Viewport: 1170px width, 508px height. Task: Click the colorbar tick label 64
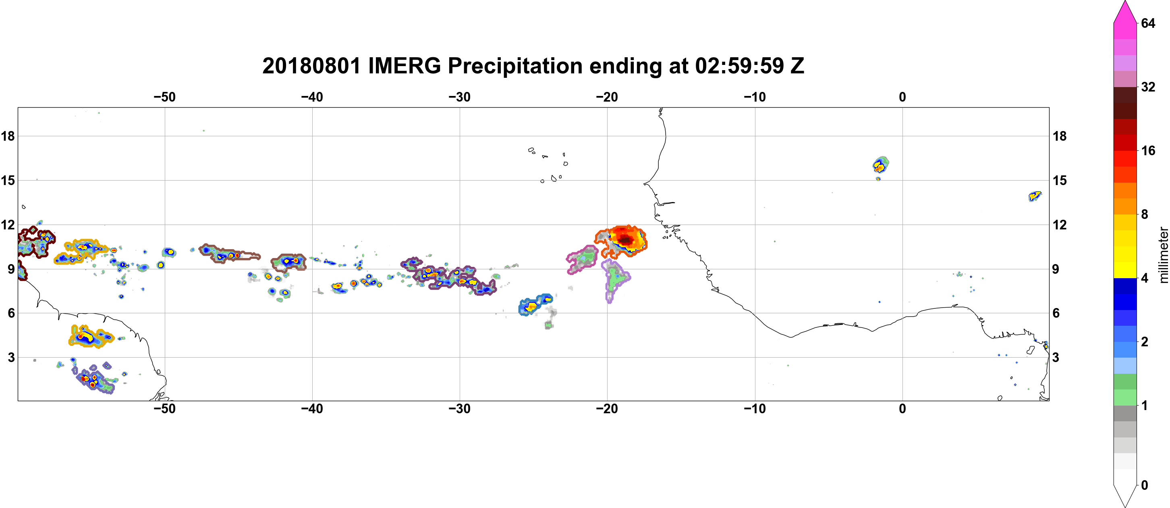1148,23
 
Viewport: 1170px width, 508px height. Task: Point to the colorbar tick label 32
1148,87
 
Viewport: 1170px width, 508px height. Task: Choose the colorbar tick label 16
1148,150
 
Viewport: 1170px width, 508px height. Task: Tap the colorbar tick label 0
1145,485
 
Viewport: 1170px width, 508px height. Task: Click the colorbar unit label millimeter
1163,255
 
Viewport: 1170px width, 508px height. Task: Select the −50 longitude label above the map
164,97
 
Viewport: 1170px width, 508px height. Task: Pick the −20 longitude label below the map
607,409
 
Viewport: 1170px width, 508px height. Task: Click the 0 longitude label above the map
902,97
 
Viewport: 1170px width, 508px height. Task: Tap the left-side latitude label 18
8,136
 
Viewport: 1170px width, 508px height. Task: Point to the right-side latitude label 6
1056,313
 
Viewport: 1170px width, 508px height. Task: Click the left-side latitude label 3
11,358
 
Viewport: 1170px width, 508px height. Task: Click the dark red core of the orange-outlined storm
626,239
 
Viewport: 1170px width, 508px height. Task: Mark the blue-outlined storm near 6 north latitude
535,304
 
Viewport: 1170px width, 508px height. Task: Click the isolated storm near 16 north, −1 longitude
881,165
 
